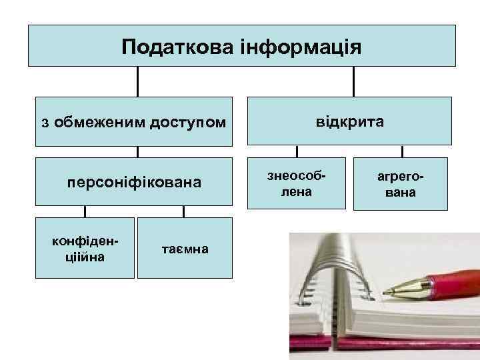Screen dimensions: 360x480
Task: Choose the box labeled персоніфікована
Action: pos(134,181)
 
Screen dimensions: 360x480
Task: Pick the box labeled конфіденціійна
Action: pos(84,247)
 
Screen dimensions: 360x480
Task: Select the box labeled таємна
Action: pos(185,248)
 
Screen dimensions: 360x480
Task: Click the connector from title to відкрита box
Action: pos(353,81)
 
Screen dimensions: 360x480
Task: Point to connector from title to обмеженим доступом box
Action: pos(138,81)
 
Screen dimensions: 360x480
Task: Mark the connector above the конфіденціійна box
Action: pos(85,211)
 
